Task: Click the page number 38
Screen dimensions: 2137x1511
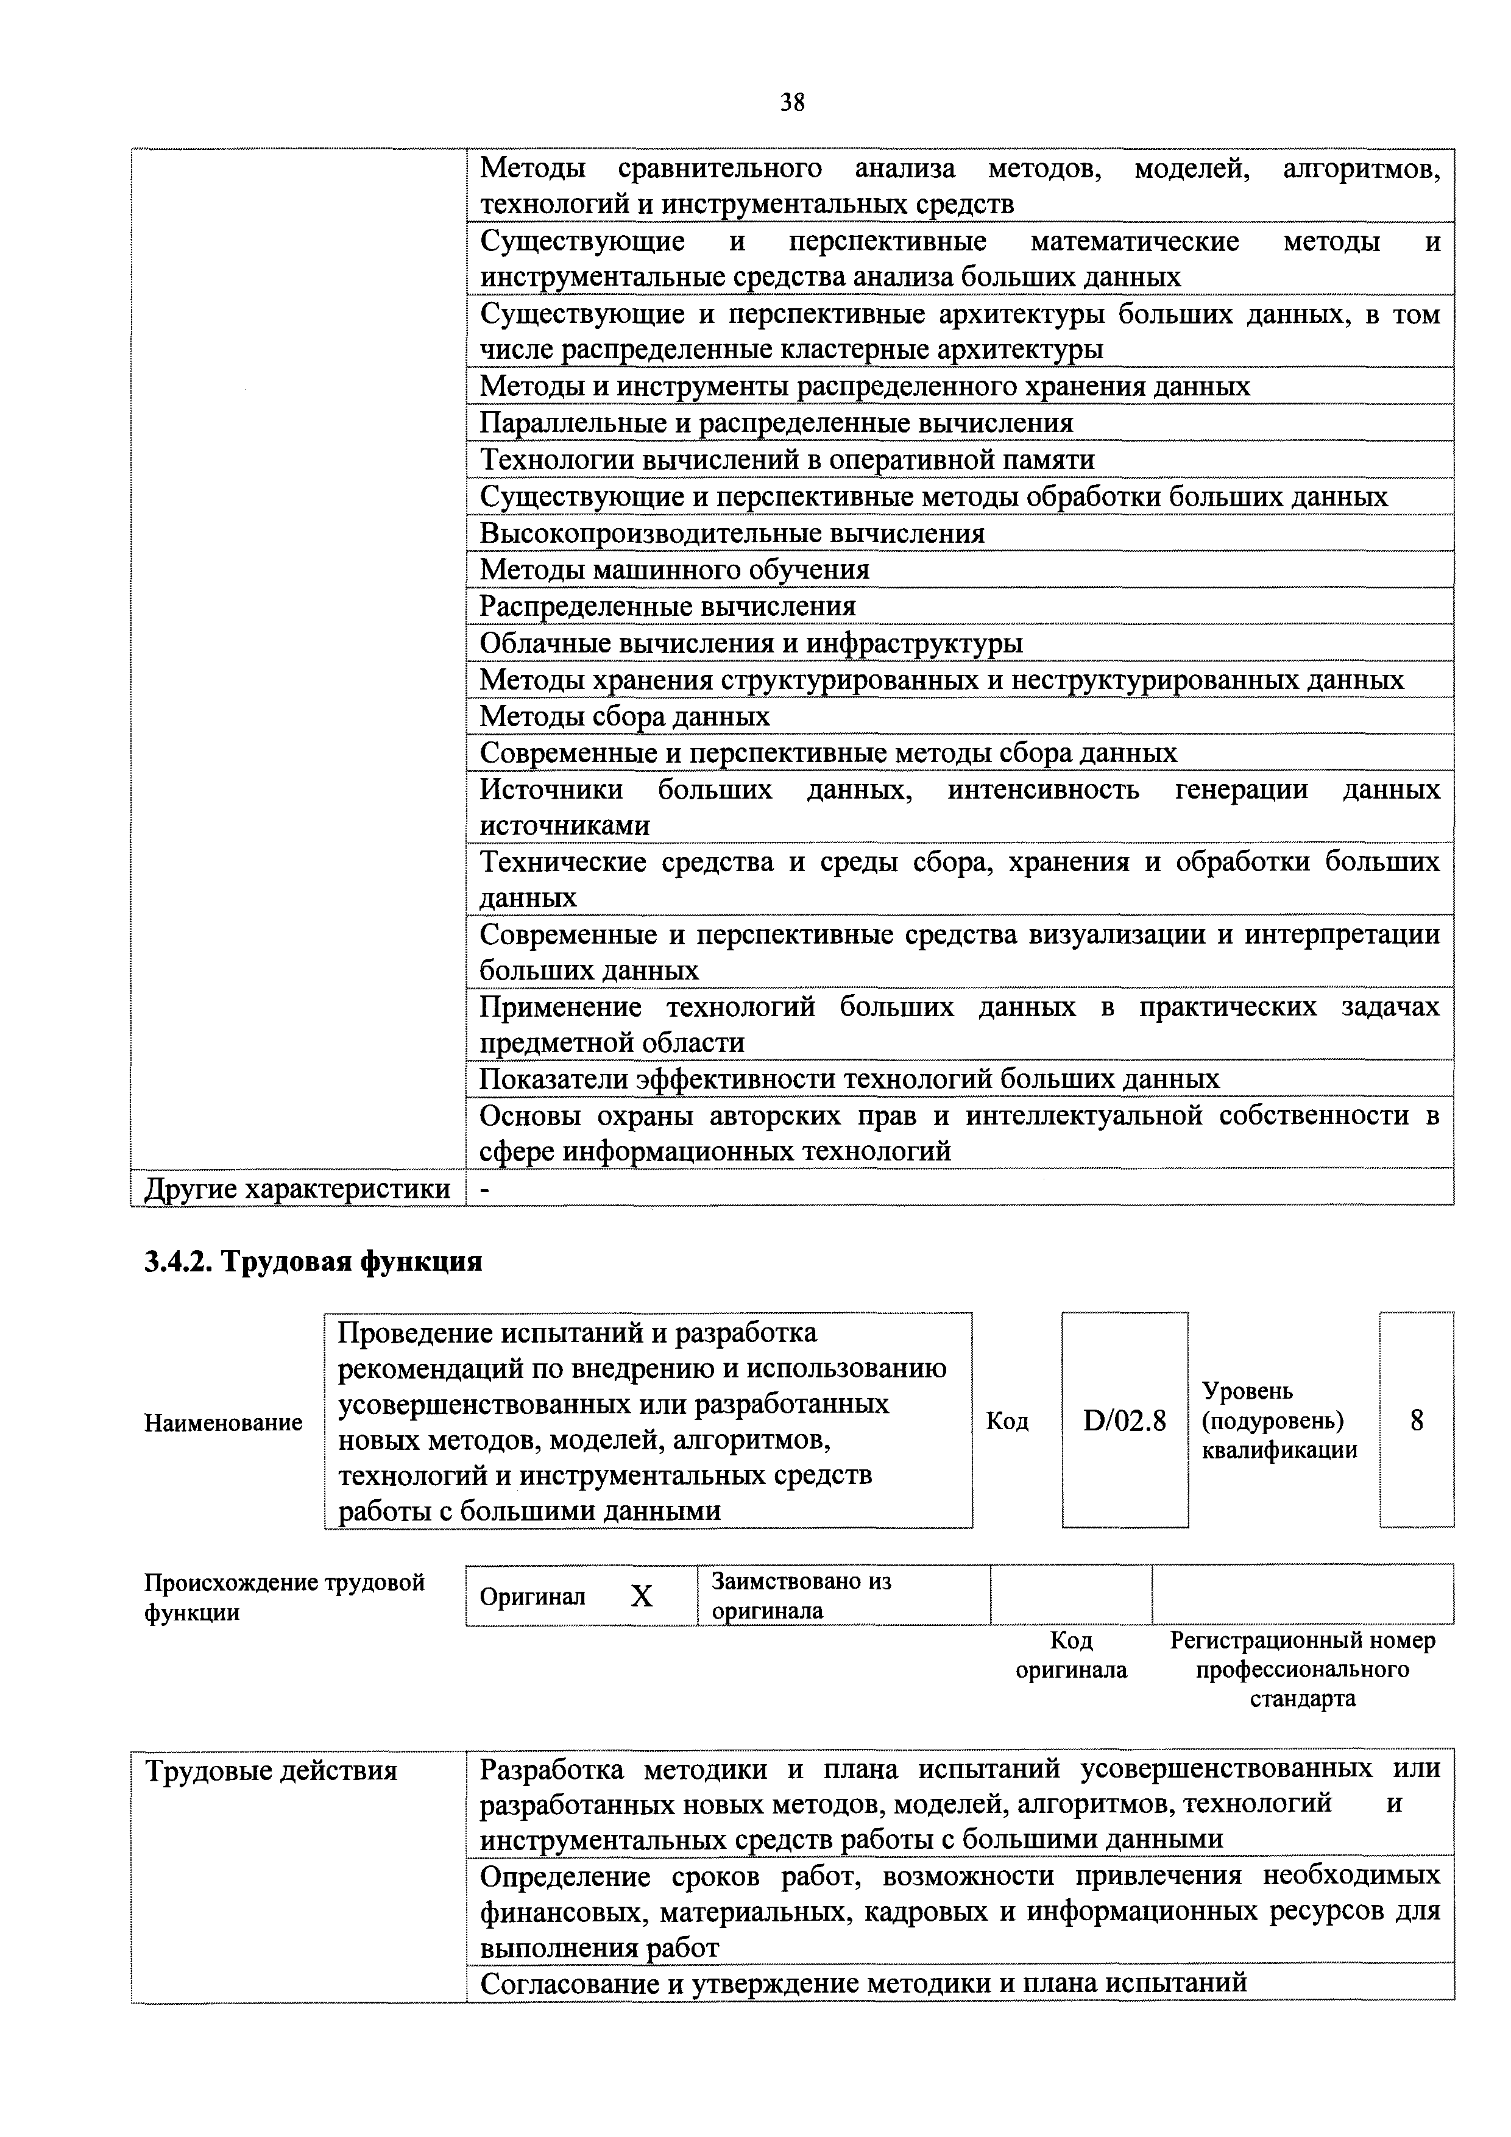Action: (791, 102)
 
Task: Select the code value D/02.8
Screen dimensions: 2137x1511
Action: (1125, 1421)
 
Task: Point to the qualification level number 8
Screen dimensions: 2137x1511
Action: (1416, 1421)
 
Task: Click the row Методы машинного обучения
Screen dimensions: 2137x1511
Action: (675, 570)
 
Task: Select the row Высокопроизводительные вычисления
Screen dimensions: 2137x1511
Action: (732, 533)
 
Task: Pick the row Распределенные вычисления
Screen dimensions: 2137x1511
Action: (668, 607)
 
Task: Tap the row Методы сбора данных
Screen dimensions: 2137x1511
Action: (625, 716)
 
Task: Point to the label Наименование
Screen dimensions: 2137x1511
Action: (224, 1422)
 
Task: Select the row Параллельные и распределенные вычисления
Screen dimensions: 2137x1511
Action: (776, 423)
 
